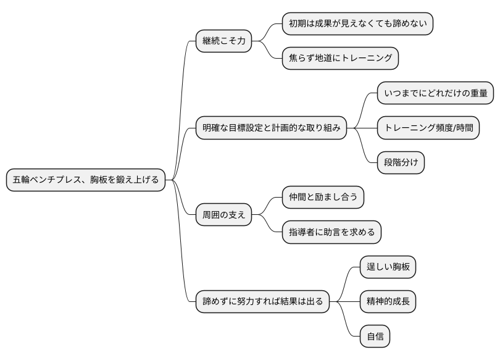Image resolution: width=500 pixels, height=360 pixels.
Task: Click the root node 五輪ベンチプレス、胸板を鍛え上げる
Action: [86, 180]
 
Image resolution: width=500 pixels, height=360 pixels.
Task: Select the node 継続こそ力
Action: [223, 41]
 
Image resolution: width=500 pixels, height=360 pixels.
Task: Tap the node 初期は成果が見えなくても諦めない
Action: [357, 24]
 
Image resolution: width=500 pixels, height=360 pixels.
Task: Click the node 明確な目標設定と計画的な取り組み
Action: [271, 128]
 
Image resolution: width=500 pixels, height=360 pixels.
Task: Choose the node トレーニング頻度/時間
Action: [428, 128]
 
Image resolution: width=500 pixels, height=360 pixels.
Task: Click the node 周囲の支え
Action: [223, 215]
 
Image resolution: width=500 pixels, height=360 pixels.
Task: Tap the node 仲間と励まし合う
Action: [323, 198]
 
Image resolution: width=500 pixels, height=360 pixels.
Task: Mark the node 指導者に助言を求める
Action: [331, 232]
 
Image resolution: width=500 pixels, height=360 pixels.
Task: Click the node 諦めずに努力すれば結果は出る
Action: [262, 302]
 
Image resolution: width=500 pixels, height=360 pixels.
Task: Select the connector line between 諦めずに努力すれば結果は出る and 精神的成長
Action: [344, 302]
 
